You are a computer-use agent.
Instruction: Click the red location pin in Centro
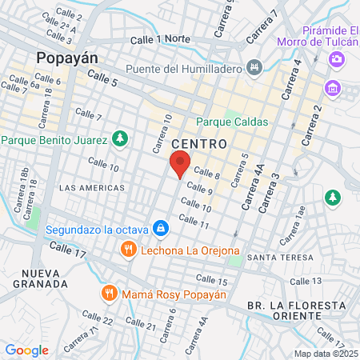coord(180,165)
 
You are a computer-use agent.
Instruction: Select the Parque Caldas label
coord(233,122)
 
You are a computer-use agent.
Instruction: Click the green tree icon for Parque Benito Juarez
coord(120,139)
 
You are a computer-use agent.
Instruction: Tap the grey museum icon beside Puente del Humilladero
coord(254,66)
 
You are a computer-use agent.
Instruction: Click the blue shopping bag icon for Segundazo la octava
coord(162,229)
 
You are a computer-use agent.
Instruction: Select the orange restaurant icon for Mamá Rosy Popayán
coord(110,294)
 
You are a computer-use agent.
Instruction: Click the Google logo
coord(27,350)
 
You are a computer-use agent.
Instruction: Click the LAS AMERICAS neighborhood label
coord(92,188)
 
